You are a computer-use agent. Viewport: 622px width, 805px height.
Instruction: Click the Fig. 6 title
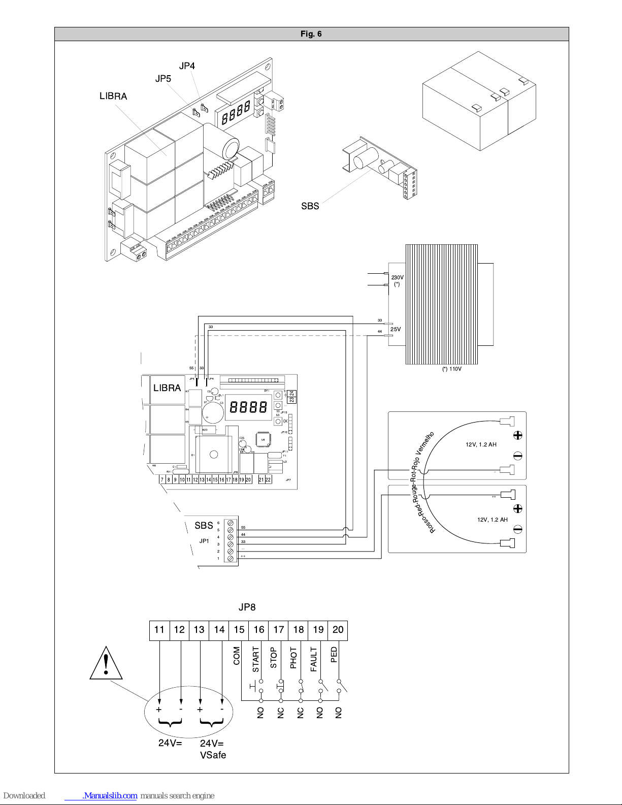pyautogui.click(x=311, y=34)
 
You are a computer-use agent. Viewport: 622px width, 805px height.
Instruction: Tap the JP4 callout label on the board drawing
pyautogui.click(x=187, y=66)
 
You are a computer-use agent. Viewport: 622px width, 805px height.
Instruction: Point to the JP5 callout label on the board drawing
pyautogui.click(x=163, y=79)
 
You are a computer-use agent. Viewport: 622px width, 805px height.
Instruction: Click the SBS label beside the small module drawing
pyautogui.click(x=310, y=206)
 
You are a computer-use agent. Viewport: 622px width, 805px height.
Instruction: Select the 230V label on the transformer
pyautogui.click(x=397, y=277)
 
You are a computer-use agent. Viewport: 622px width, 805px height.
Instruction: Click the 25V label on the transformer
pyautogui.click(x=396, y=329)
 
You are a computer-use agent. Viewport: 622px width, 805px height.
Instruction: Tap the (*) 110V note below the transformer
pyautogui.click(x=451, y=369)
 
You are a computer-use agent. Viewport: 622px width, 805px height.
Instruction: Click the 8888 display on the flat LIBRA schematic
pyautogui.click(x=248, y=407)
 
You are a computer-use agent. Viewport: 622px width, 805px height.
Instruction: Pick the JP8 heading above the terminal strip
pyautogui.click(x=247, y=607)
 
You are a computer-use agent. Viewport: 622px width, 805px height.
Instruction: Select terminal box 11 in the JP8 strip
pyautogui.click(x=159, y=630)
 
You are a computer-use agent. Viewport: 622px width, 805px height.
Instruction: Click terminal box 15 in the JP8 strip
pyautogui.click(x=239, y=630)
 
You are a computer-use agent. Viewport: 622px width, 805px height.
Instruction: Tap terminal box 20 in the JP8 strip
pyautogui.click(x=338, y=630)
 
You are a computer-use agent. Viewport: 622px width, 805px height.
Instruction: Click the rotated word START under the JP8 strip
pyautogui.click(x=256, y=659)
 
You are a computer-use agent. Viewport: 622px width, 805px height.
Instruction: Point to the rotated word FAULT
pyautogui.click(x=314, y=659)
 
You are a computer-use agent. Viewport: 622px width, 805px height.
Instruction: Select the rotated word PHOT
pyautogui.click(x=293, y=658)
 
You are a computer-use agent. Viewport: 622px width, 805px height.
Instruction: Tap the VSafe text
pyautogui.click(x=213, y=755)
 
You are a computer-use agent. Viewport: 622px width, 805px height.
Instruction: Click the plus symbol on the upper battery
pyautogui.click(x=518, y=435)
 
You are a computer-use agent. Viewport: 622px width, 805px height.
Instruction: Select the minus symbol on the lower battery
pyautogui.click(x=518, y=530)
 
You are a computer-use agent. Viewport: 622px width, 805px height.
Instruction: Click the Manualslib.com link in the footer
pyautogui.click(x=110, y=796)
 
